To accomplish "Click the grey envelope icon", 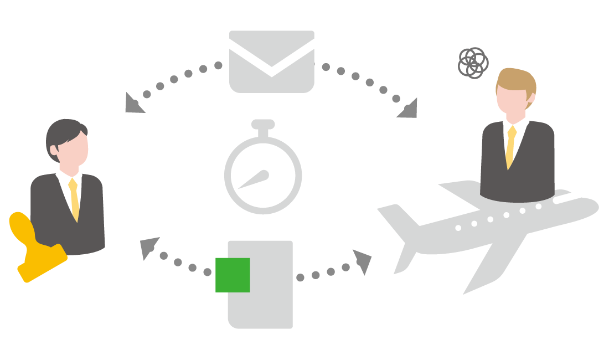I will pyautogui.click(x=271, y=61).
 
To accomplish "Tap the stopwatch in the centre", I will pyautogui.click(x=263, y=174).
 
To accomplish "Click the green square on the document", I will pyautogui.click(x=233, y=275).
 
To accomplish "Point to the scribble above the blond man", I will pyautogui.click(x=473, y=63).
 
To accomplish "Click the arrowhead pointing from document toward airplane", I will pyautogui.click(x=362, y=260).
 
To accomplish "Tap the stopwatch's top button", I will pyautogui.click(x=263, y=125).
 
